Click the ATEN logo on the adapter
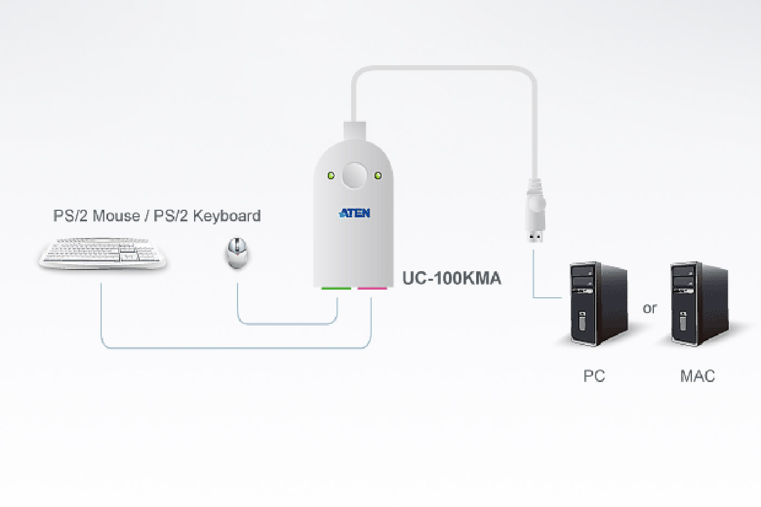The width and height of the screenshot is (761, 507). click(354, 213)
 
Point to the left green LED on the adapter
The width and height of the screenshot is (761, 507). click(330, 176)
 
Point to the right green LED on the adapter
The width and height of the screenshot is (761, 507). click(378, 176)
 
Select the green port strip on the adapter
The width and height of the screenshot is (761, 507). click(336, 287)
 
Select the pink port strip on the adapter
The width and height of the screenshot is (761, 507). click(372, 287)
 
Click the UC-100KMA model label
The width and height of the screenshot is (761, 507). click(451, 278)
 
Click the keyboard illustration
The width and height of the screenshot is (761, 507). click(102, 253)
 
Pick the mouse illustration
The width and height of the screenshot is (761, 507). click(238, 253)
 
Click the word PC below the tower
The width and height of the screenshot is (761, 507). click(594, 376)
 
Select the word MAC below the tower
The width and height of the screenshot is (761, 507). click(697, 376)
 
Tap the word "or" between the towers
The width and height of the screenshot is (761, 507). click(650, 309)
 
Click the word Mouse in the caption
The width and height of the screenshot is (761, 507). click(116, 216)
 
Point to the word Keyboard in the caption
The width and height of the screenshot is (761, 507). click(227, 216)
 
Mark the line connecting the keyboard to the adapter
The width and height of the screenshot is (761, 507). click(234, 348)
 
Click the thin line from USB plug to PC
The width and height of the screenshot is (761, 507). click(533, 277)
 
